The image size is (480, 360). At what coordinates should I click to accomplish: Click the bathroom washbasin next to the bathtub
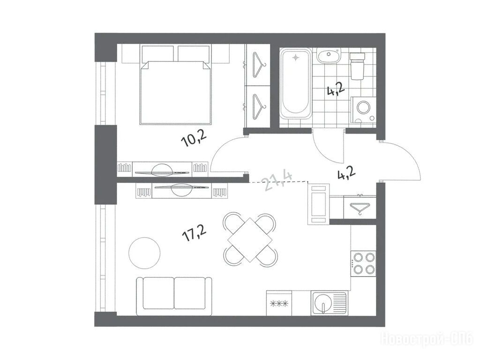pos(328,56)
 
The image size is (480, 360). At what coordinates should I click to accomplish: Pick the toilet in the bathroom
pos(357,66)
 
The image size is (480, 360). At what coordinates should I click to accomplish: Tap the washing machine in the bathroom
pos(363,110)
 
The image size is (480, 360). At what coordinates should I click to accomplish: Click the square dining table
pos(250,240)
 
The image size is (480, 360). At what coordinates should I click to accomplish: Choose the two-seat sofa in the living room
pos(174,296)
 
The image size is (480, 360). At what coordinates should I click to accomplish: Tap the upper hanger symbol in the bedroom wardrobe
pos(259,65)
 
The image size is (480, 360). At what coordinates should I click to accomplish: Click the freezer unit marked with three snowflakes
pos(279,303)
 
